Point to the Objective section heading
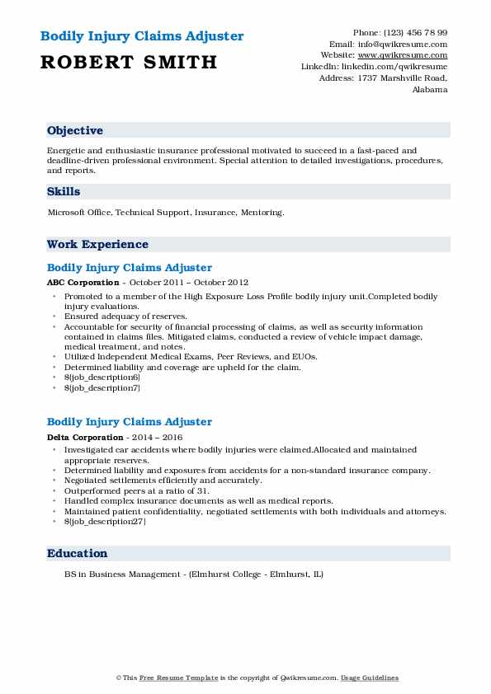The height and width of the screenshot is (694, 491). [x=75, y=131]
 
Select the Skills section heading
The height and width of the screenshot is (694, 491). [x=64, y=192]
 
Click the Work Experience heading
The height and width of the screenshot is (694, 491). [x=97, y=245]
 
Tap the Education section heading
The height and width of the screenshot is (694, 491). [x=78, y=554]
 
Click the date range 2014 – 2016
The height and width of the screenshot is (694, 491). [x=157, y=437]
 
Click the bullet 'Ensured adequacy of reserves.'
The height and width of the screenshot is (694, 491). [x=125, y=317]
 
